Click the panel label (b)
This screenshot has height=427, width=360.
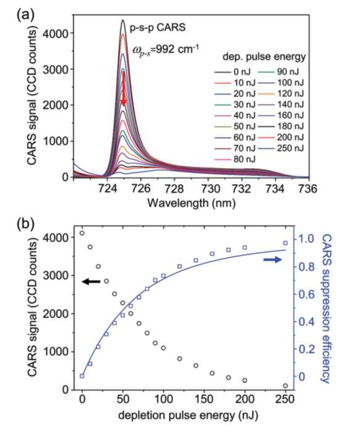coord(26,224)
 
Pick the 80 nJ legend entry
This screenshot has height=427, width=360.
coord(235,159)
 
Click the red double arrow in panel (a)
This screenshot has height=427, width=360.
coord(124,88)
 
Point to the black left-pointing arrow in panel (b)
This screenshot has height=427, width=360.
coord(92,282)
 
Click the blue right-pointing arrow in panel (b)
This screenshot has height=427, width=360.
coord(273,260)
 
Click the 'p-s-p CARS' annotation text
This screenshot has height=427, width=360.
coord(158,28)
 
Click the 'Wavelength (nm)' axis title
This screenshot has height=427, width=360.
coord(192,203)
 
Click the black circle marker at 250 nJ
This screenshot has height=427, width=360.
coord(285,386)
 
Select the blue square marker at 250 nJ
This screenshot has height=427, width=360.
coord(285,243)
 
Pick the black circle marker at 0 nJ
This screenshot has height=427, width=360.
coord(82,233)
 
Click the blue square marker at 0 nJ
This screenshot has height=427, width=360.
coord(82,376)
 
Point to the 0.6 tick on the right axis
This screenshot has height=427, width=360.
coord(307,294)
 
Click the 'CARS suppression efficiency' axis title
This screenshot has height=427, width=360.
coord(325,309)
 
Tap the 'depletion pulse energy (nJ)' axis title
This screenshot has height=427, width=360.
coord(188,416)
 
